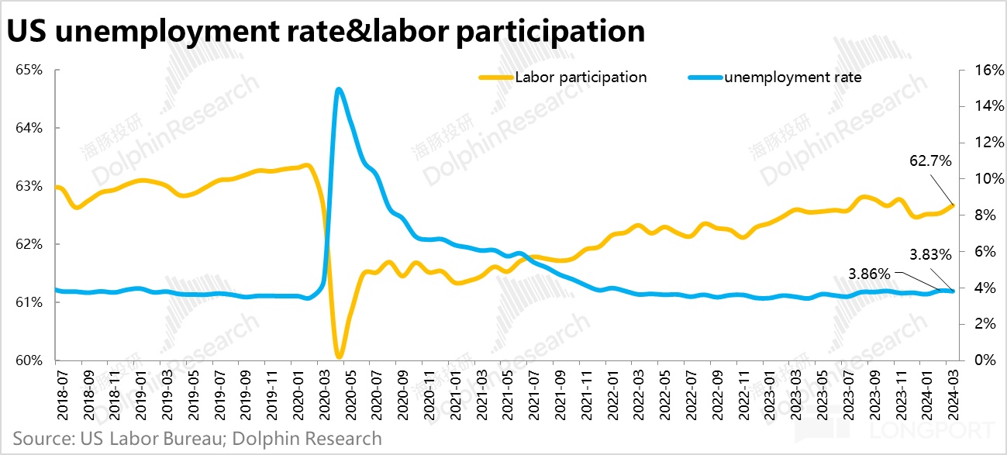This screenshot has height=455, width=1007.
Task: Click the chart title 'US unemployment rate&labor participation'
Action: pyautogui.click(x=326, y=31)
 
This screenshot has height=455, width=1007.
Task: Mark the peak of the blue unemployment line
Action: pyautogui.click(x=339, y=89)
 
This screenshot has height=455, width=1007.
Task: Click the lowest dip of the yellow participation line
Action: pyautogui.click(x=340, y=357)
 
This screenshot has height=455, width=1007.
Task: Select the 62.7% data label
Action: pyautogui.click(x=929, y=161)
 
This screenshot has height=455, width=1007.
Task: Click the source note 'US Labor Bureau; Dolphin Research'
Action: pyautogui.click(x=198, y=439)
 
